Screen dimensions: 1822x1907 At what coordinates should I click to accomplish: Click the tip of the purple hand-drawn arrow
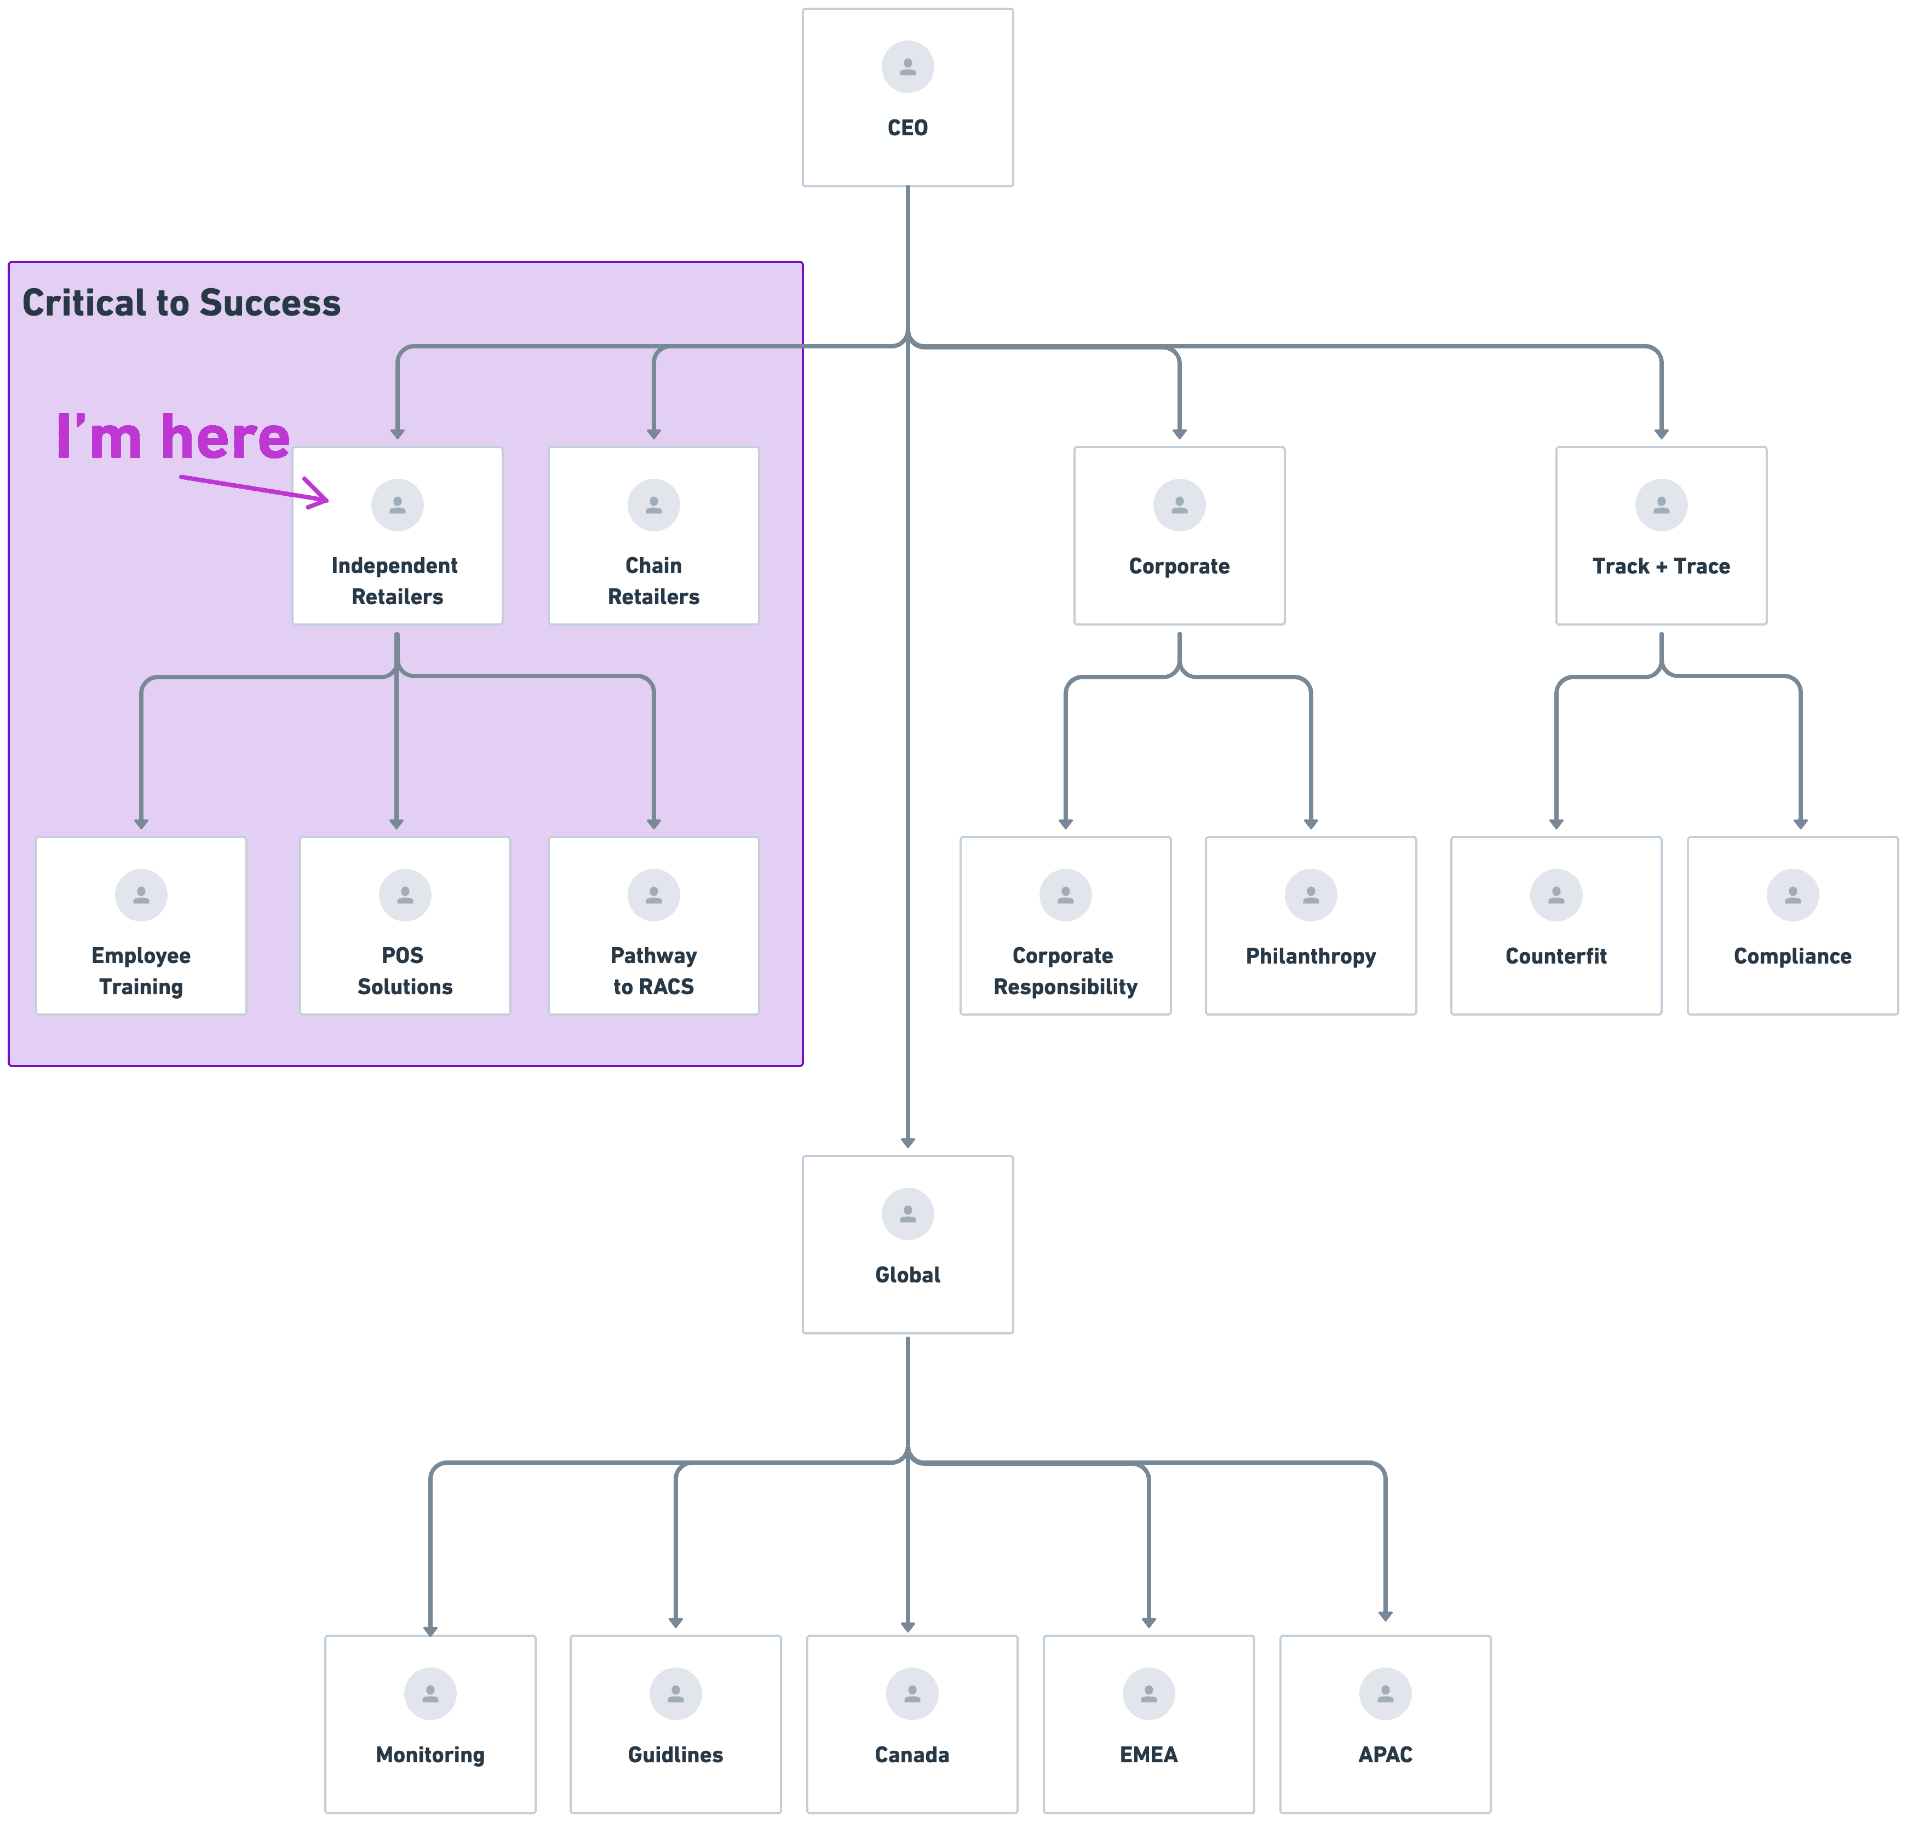click(327, 500)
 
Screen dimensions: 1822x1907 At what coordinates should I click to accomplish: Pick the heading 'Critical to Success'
click(182, 303)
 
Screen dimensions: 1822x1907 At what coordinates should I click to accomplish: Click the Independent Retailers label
click(396, 581)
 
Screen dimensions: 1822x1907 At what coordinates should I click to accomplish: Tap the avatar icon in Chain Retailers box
click(653, 505)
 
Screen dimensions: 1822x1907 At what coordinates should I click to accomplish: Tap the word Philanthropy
click(1310, 956)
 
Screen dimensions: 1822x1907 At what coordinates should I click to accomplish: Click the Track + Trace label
click(1661, 566)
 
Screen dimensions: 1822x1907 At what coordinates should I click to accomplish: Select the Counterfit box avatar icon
click(1555, 895)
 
